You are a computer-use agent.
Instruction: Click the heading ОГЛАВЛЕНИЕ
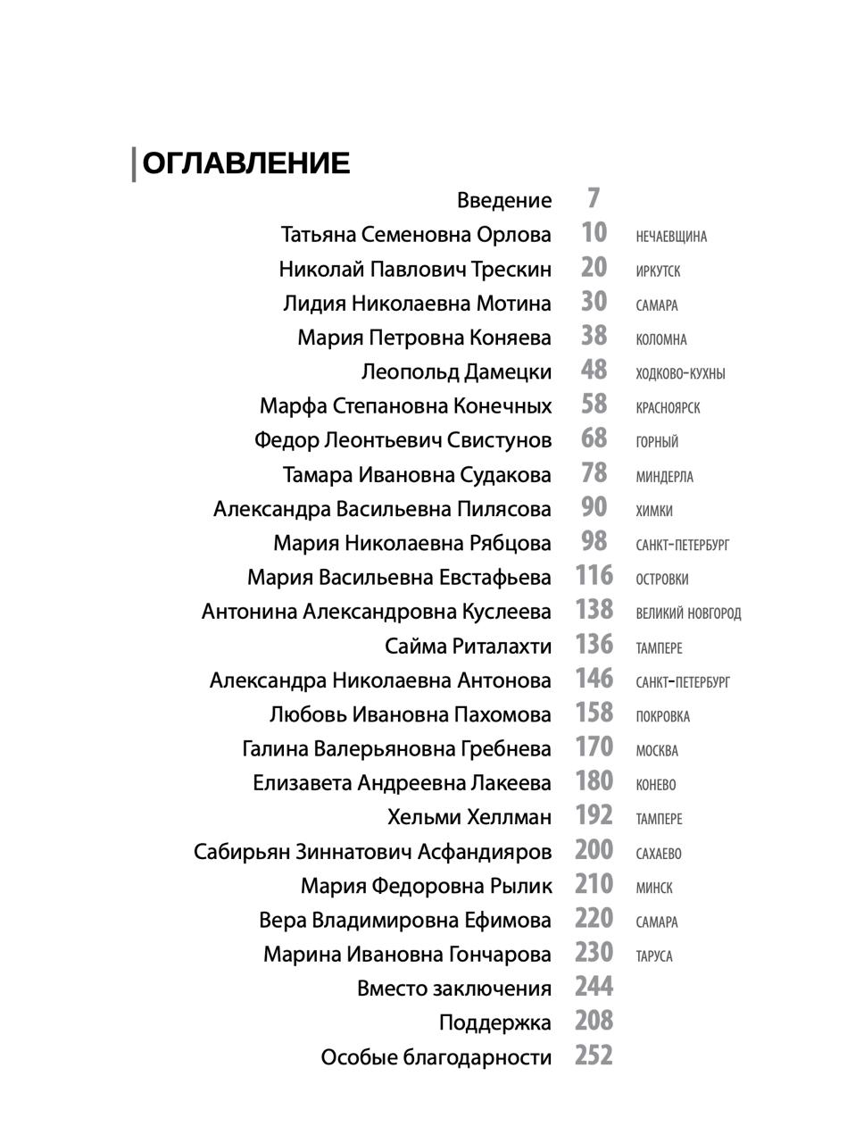[245, 163]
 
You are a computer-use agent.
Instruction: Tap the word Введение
[503, 200]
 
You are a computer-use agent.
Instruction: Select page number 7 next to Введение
[594, 198]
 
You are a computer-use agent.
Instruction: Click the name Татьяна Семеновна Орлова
[416, 235]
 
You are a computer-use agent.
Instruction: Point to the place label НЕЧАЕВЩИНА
[671, 237]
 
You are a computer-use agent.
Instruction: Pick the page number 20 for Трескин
[594, 268]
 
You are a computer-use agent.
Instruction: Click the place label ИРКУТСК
[658, 271]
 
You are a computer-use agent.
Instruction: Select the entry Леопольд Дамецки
[456, 371]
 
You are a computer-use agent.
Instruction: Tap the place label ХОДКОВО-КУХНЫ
[680, 374]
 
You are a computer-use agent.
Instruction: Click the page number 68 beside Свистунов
[594, 438]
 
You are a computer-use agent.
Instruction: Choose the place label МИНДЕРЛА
[664, 477]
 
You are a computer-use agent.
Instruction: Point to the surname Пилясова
[504, 509]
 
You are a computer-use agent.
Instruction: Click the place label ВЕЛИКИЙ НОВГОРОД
[688, 613]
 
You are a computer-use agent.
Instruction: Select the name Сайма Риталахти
[468, 646]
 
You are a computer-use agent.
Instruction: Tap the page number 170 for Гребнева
[594, 747]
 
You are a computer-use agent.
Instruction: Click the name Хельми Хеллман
[469, 817]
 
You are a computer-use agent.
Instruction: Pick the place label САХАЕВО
[659, 854]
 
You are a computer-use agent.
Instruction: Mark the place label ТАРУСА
[654, 956]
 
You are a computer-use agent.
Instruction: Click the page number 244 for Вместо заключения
[594, 987]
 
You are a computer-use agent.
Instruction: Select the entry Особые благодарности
[436, 1057]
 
